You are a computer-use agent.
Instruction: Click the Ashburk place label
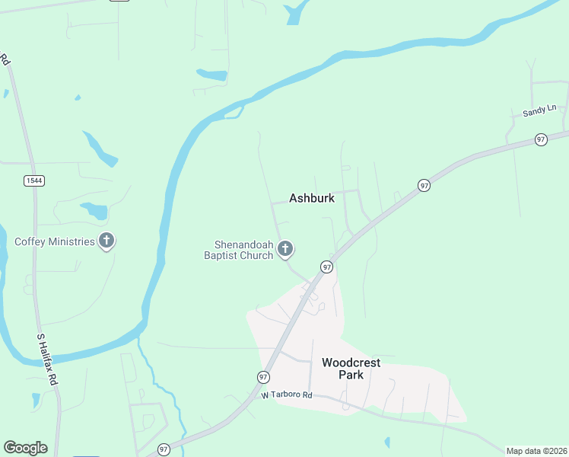[x=312, y=198]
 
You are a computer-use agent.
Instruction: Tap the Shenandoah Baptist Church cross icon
[x=285, y=248]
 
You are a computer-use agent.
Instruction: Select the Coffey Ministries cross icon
[x=106, y=241]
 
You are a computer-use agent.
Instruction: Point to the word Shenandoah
[x=243, y=244]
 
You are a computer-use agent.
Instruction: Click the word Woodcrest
[x=351, y=363]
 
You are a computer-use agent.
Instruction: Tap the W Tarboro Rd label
[x=287, y=395]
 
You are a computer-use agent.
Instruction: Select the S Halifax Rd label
[x=47, y=357]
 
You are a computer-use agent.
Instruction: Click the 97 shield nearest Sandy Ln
[x=541, y=139]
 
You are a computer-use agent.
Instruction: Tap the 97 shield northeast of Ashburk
[x=424, y=185]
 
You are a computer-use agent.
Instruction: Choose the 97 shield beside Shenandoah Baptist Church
[x=326, y=267]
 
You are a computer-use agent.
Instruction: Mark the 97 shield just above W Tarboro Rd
[x=263, y=377]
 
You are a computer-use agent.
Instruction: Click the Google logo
[x=25, y=448]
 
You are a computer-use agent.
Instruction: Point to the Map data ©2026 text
[x=536, y=451]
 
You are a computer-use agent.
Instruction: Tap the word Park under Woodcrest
[x=351, y=375]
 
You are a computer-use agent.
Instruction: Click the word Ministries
[x=75, y=242]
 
